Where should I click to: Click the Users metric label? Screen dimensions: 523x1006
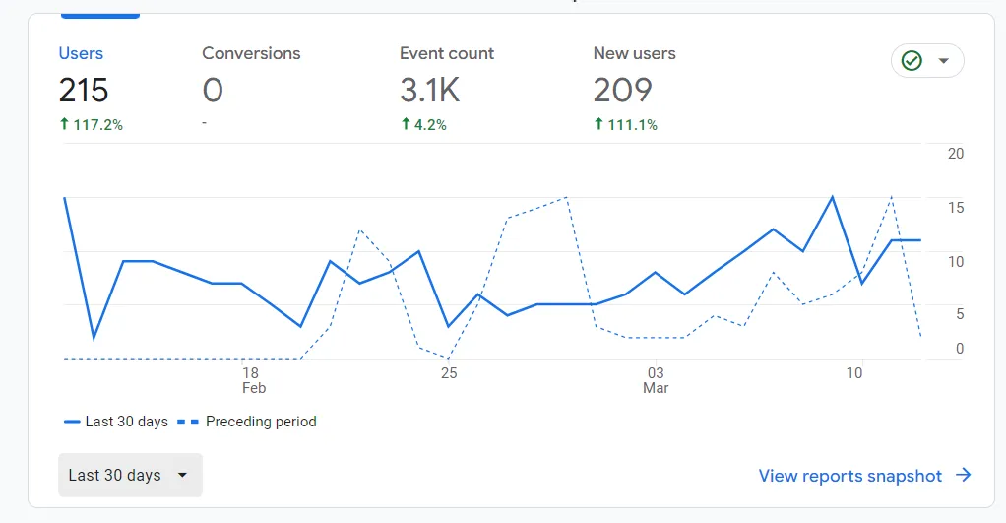(x=81, y=53)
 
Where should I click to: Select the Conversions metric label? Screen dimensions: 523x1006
(x=251, y=53)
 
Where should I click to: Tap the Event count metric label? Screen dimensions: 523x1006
(x=446, y=53)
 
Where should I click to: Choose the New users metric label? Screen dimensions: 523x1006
(x=634, y=53)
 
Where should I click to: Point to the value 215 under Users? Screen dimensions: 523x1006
(x=84, y=91)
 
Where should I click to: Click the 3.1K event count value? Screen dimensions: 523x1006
(x=430, y=91)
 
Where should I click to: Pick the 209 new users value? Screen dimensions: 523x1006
(x=622, y=91)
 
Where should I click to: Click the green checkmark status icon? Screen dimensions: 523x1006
(x=912, y=61)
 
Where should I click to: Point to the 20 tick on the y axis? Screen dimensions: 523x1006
(x=955, y=154)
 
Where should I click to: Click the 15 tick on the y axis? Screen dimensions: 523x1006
(x=955, y=208)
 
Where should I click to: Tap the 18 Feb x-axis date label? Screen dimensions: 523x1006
(x=251, y=380)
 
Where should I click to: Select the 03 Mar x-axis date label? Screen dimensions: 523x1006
(x=656, y=380)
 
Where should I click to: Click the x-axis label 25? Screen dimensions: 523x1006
(x=449, y=373)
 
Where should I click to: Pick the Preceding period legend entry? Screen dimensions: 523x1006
(x=261, y=422)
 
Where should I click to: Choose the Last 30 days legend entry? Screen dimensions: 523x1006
(x=126, y=422)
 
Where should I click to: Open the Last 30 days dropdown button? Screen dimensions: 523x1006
(x=130, y=475)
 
